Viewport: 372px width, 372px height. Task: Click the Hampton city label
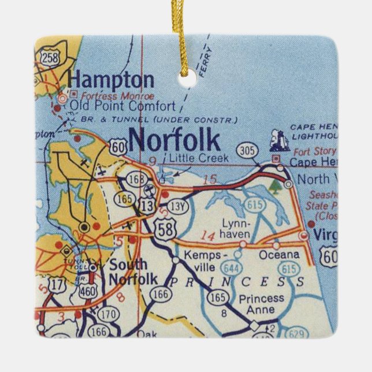point(110,80)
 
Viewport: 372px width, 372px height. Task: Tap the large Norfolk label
point(174,140)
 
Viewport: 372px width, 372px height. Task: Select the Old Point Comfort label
point(122,106)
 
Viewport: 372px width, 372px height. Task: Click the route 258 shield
point(49,57)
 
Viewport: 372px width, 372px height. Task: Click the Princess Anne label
point(261,304)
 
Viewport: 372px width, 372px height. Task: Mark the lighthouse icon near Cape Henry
point(280,140)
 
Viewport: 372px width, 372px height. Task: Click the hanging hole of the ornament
point(186,81)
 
